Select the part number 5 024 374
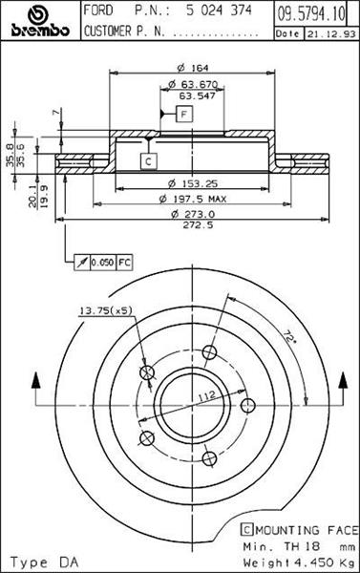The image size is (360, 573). [219, 11]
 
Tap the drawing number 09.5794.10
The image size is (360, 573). [311, 14]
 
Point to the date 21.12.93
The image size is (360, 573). [331, 34]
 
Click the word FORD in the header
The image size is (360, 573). [98, 11]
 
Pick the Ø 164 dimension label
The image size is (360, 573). [192, 68]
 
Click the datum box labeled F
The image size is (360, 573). [184, 114]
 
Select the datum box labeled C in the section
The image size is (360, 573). [148, 161]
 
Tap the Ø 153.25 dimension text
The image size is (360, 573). [192, 183]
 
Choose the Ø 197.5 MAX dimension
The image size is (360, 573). [193, 199]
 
